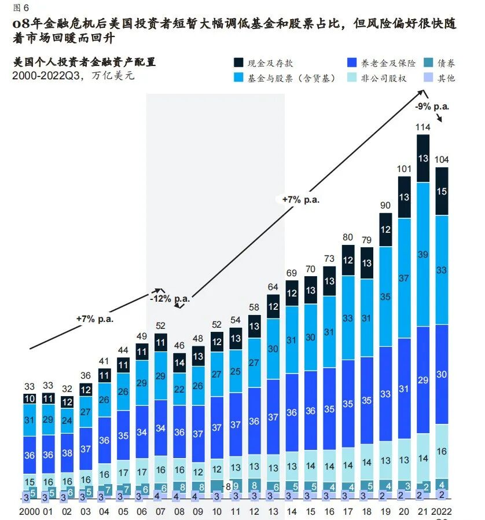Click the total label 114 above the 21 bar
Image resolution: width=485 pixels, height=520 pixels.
[423, 127]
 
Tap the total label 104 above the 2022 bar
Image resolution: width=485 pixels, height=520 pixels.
[442, 160]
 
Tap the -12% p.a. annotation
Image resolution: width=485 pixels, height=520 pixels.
[170, 299]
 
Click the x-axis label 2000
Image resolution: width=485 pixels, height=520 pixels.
[29, 512]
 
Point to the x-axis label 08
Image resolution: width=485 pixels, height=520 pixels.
[179, 512]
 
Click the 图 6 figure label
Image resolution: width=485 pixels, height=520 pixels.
[20, 7]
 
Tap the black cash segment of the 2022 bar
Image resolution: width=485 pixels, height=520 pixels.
[442, 191]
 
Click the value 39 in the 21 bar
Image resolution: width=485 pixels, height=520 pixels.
[423, 255]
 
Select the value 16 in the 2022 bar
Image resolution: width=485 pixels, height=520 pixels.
[442, 451]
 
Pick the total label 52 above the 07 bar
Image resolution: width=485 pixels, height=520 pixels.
[161, 326]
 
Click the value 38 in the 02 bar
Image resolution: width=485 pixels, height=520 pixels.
[67, 453]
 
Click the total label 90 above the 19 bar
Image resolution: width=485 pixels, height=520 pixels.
[385, 206]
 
